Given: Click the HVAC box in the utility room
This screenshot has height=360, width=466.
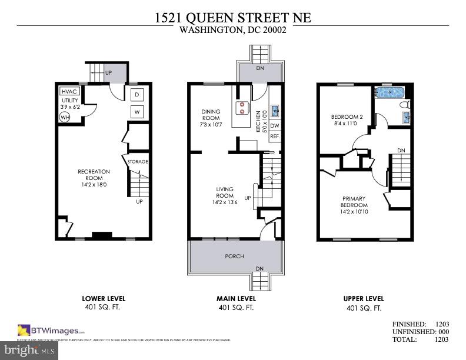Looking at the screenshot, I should (x=69, y=92).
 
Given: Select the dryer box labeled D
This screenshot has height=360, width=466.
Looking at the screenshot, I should (x=137, y=95).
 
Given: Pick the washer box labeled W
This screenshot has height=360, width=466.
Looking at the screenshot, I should (x=137, y=112).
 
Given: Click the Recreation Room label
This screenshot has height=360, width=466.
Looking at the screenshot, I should (x=94, y=175).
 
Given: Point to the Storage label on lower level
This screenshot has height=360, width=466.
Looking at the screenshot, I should (x=138, y=161).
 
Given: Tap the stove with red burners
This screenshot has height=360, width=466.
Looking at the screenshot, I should (x=241, y=108).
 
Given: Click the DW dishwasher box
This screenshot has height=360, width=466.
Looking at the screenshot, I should (x=275, y=125).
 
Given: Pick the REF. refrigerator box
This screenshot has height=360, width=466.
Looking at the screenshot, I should (x=275, y=136).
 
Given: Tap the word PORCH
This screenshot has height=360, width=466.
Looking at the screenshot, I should (x=235, y=256).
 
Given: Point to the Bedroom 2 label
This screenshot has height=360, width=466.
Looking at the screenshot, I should (x=347, y=120).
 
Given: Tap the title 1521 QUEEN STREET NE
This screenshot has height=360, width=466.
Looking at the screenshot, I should (x=233, y=18).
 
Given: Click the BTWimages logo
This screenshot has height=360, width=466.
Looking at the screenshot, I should (x=51, y=330).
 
